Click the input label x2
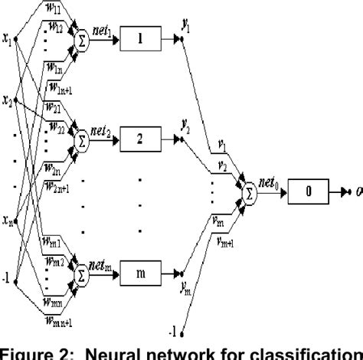point(8,100)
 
